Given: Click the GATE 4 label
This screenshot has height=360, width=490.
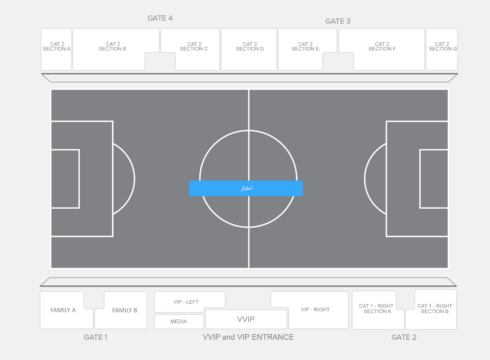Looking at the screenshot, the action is coord(160,18).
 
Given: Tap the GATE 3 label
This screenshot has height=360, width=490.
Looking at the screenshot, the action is coord(338,21).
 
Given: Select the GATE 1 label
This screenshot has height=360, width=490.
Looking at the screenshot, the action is coord(96,337).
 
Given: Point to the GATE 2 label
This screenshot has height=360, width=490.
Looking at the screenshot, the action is coord(404,337).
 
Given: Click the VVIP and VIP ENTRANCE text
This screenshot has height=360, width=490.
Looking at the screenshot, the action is coord(248,337).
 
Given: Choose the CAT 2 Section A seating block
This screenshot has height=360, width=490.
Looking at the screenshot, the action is coord(56,49).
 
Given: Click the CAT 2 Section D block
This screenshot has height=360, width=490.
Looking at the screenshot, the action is coord(249,49).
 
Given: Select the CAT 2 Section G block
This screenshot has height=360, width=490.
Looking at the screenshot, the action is coord(442,49).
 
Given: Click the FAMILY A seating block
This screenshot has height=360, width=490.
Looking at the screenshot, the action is coord(63,310).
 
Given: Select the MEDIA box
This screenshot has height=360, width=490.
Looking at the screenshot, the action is coord(179,321).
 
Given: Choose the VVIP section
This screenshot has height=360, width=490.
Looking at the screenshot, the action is coord(246,319).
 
